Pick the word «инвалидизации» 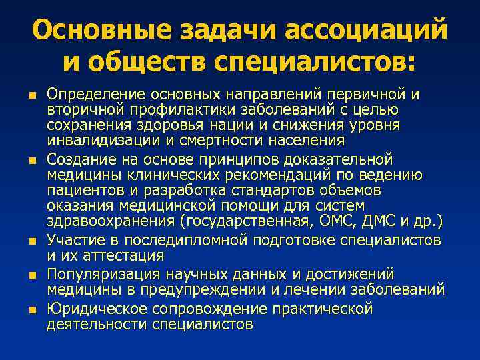(87, 141)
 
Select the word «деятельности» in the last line (96, 325)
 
